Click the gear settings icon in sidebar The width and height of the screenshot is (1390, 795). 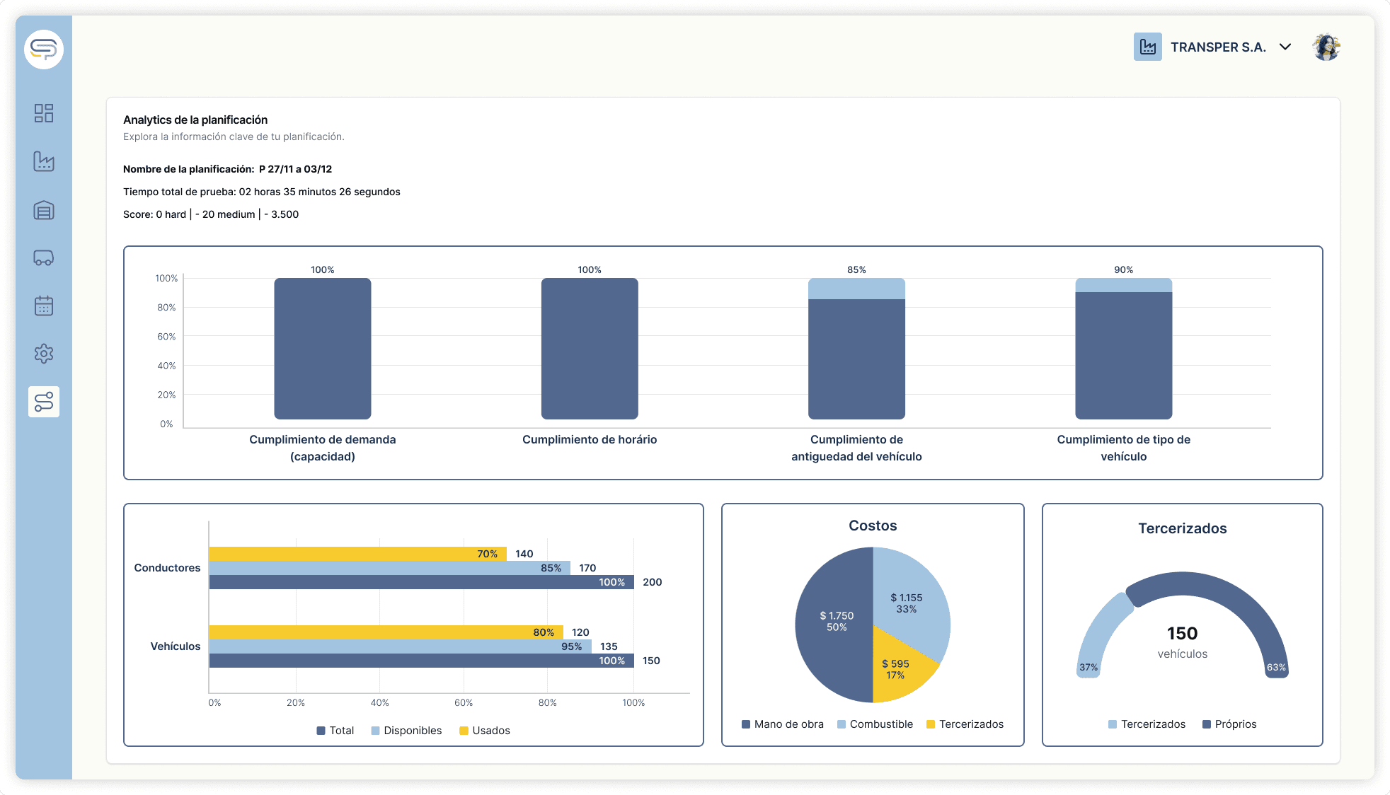pos(44,354)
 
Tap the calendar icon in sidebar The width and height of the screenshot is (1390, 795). pos(44,306)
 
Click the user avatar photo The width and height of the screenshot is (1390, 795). pos(1326,47)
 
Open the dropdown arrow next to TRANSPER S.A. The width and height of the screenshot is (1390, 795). pos(1285,47)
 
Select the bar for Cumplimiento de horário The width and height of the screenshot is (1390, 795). pos(590,348)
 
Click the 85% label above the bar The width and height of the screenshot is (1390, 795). pos(856,269)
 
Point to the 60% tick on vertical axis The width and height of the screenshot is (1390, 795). pos(166,337)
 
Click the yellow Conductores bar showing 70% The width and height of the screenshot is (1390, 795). pos(357,554)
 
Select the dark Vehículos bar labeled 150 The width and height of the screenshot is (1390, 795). pos(420,661)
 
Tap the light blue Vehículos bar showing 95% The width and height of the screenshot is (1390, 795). pos(399,646)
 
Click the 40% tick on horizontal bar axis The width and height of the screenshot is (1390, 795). pos(379,702)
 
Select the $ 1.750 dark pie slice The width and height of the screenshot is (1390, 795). pos(836,622)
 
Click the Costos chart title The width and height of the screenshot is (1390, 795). pos(873,526)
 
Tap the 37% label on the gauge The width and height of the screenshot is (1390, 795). pos(1089,667)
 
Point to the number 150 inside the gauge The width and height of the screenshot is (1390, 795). pos(1182,633)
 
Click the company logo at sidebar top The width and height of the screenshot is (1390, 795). pos(44,50)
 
